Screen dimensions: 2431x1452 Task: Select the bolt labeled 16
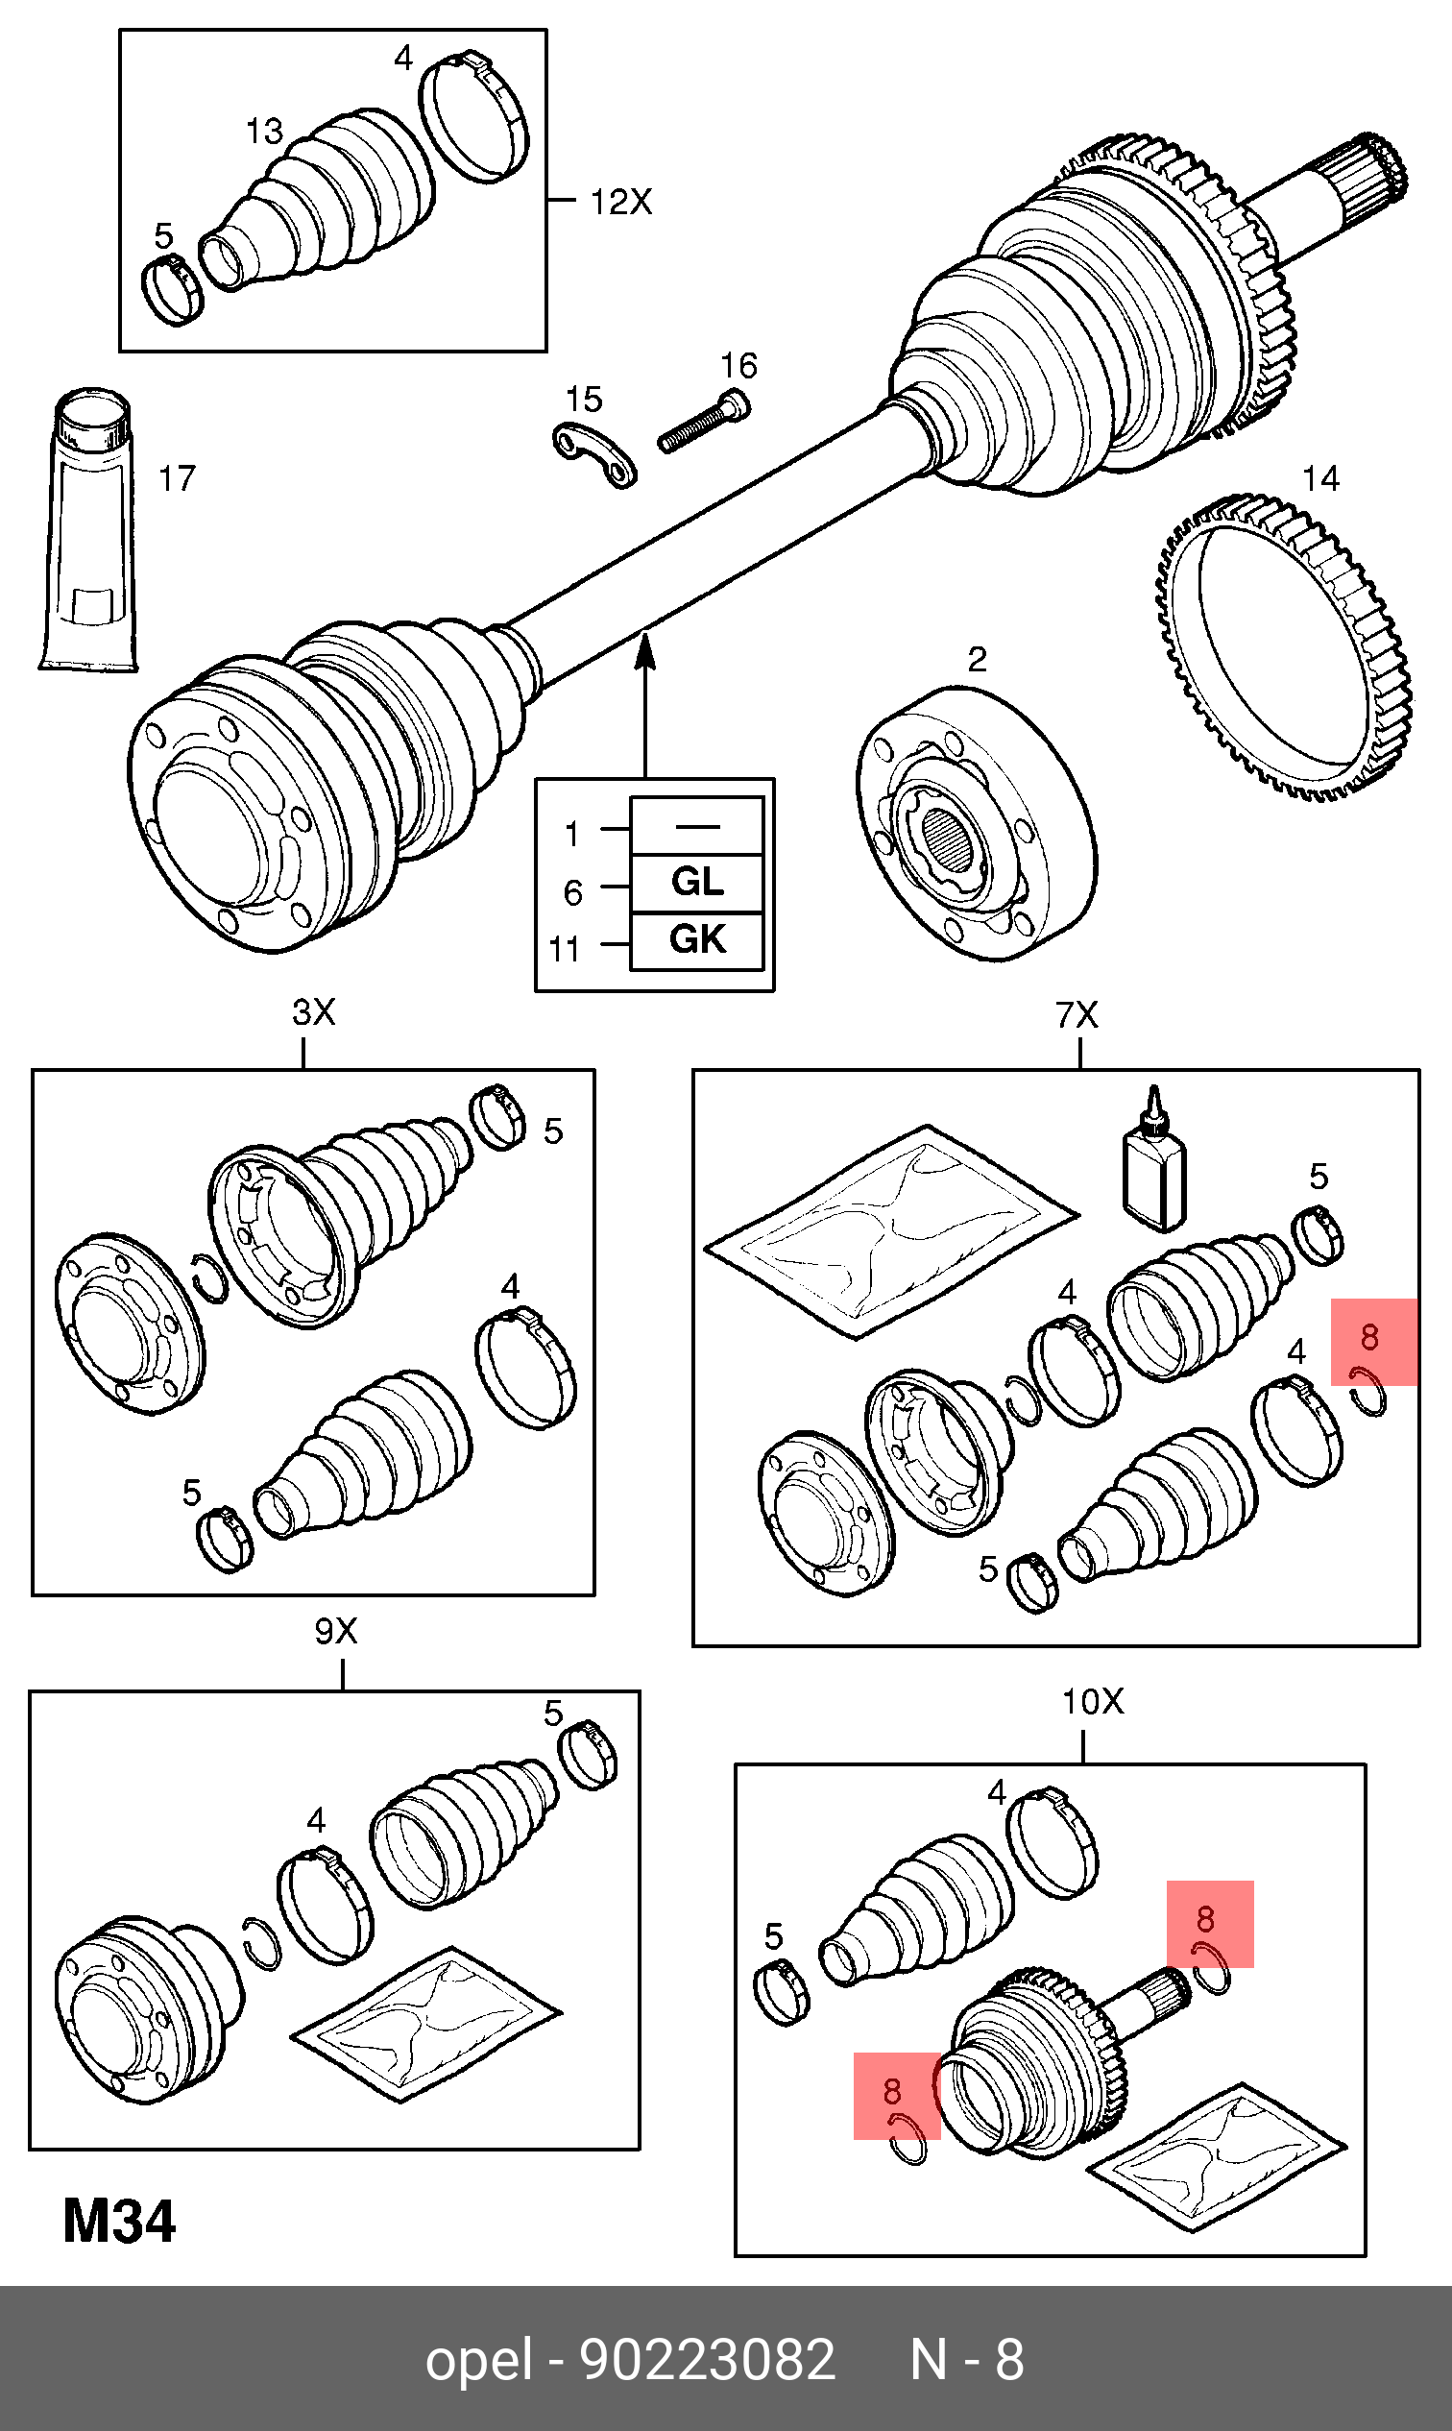pos(703,422)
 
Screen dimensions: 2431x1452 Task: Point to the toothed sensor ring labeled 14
pos(1282,645)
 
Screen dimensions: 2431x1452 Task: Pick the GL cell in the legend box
pos(696,883)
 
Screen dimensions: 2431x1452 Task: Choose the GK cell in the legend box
pos(696,940)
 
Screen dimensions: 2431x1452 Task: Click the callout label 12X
pos(620,203)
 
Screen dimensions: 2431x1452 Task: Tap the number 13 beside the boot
pos(263,132)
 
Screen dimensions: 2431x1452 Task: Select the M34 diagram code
pos(119,2222)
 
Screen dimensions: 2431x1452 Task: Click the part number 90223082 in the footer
pos(708,2360)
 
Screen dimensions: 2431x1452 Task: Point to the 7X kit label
pos(1077,1015)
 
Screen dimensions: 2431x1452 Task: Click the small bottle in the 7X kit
pos(1154,1165)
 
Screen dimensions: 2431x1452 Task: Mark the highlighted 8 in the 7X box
pos(1369,1337)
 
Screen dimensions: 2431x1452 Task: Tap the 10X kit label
pos(1093,1702)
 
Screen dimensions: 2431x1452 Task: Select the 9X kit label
pos(335,1632)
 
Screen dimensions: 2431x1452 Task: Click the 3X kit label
pos(313,1012)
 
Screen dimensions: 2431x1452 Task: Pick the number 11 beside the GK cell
pos(565,948)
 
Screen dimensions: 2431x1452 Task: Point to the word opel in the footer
pos(478,2360)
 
